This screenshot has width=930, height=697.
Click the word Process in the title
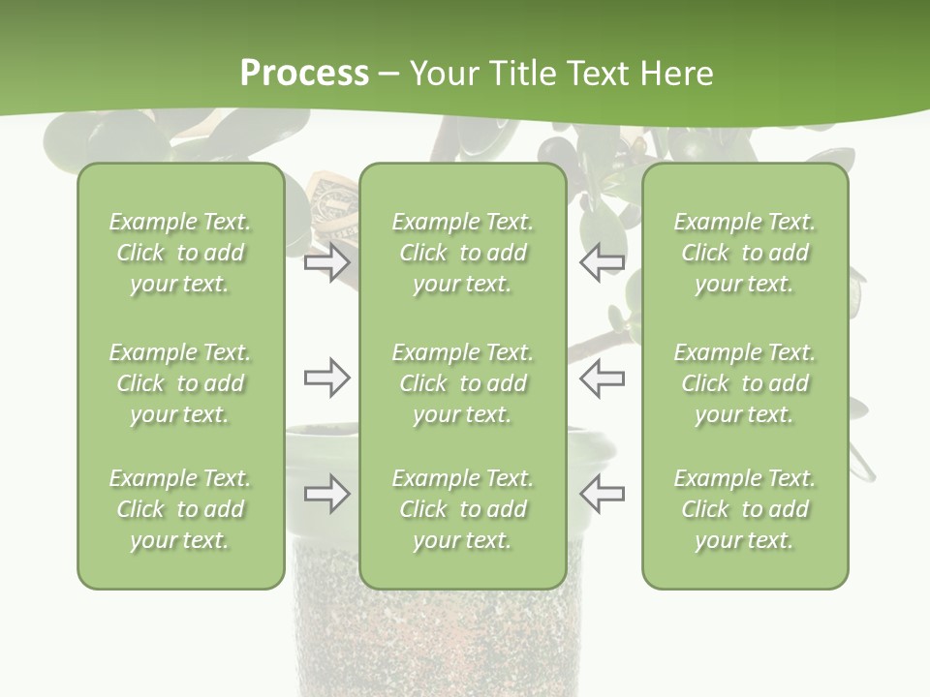click(304, 74)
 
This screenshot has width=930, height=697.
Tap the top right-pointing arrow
click(326, 262)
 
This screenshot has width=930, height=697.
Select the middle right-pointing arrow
click(326, 378)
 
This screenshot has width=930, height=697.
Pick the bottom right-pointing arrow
click(326, 494)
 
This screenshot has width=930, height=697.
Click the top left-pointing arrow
click(602, 262)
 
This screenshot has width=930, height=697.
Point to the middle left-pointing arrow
click(602, 378)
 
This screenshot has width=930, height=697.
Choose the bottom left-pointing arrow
click(602, 494)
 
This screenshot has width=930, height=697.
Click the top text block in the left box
click(180, 253)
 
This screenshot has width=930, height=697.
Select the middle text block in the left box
click(180, 383)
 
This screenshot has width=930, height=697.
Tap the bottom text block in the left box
click(180, 509)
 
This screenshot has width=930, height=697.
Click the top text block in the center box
click(462, 253)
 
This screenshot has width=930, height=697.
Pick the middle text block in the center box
click(462, 383)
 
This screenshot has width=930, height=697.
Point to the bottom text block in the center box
click(462, 509)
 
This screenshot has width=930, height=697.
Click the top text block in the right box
click(745, 253)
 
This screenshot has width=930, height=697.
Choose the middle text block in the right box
click(745, 383)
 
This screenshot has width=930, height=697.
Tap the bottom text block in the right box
click(745, 509)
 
